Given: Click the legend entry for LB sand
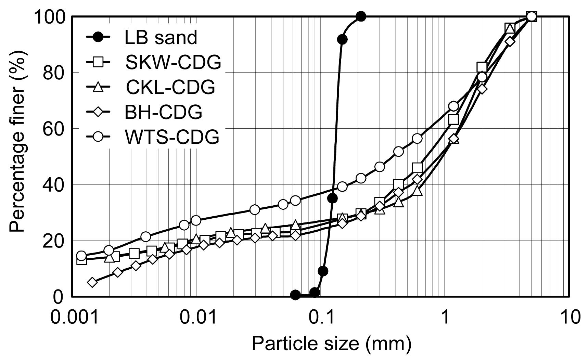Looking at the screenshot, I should (161, 37).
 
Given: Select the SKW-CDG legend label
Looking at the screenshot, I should (173, 62).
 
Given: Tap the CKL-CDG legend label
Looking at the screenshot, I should (170, 87).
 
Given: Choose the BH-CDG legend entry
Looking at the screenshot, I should (163, 112).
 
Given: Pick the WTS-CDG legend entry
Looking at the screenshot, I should (172, 137).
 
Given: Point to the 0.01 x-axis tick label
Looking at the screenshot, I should (196, 317).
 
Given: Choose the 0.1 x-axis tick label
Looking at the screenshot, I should (321, 317).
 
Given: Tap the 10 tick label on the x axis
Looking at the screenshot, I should (570, 317).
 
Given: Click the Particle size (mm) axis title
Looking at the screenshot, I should (331, 343).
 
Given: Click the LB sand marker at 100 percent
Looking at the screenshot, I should (361, 16).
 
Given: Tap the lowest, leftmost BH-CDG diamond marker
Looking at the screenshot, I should (92, 282).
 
